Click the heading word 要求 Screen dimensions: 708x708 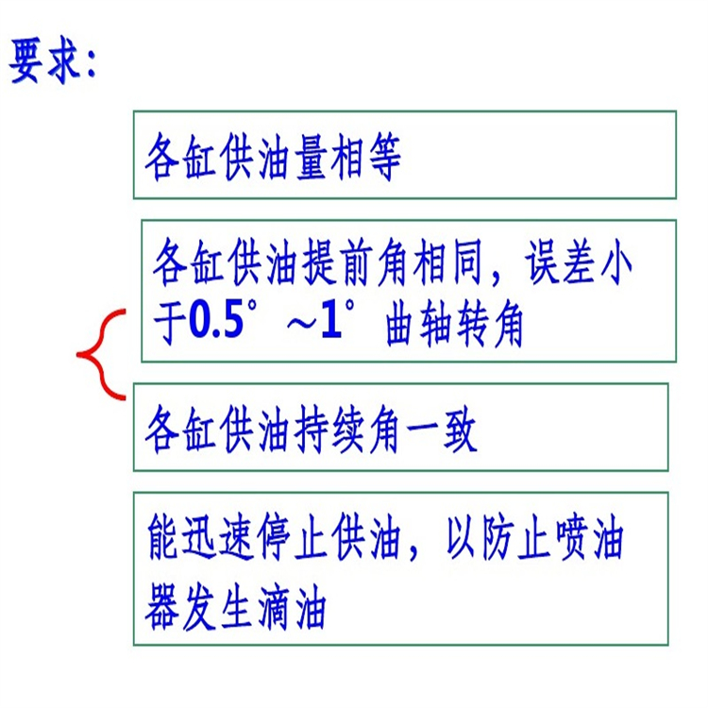point(45,61)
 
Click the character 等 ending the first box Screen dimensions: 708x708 point(385,157)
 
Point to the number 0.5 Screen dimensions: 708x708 point(217,322)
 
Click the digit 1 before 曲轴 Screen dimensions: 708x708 point(331,322)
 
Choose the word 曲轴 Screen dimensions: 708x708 point(420,324)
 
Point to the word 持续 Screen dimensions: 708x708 point(329,429)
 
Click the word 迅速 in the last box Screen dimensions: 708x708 point(217,537)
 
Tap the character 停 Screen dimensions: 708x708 point(274,537)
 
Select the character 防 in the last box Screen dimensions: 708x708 point(498,537)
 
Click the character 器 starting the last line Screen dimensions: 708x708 point(161,606)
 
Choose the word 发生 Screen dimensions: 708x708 point(217,606)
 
